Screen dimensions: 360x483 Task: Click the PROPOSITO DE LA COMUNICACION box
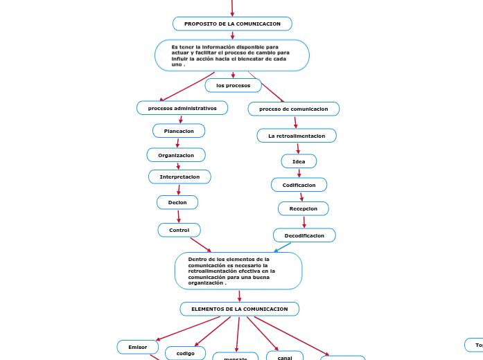232,24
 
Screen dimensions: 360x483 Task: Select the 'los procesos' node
233,85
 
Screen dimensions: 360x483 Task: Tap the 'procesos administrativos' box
182,108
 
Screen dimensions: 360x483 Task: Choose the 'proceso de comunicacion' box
294,109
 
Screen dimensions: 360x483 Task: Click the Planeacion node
179,131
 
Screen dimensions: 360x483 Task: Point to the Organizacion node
176,155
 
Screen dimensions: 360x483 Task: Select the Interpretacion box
179,177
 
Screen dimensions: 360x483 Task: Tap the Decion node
177,202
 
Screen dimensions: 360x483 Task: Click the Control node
179,230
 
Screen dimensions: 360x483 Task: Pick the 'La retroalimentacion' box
297,136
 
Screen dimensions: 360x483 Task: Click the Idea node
299,161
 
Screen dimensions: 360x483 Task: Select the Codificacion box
299,185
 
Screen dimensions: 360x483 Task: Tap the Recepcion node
304,208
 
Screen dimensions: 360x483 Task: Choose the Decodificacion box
304,235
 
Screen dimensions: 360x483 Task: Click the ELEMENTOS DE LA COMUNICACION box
239,309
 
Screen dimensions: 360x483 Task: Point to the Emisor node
137,346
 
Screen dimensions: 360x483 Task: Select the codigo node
186,353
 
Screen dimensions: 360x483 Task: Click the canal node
285,356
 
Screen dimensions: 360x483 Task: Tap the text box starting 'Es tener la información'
231,55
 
